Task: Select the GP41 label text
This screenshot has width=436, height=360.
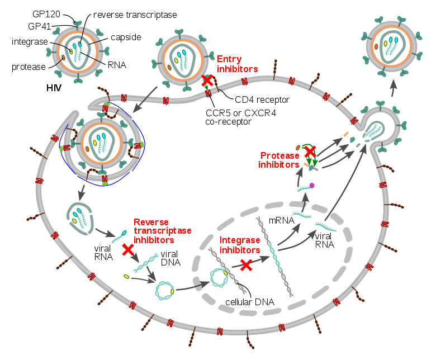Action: (x=41, y=26)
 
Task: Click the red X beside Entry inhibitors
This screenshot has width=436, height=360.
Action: (x=207, y=81)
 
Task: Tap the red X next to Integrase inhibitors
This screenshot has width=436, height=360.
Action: (x=245, y=265)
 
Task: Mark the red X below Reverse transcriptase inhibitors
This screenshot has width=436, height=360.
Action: (x=127, y=250)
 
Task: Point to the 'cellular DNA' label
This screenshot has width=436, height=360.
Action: (x=249, y=302)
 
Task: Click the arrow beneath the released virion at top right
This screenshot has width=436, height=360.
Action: (x=393, y=86)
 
